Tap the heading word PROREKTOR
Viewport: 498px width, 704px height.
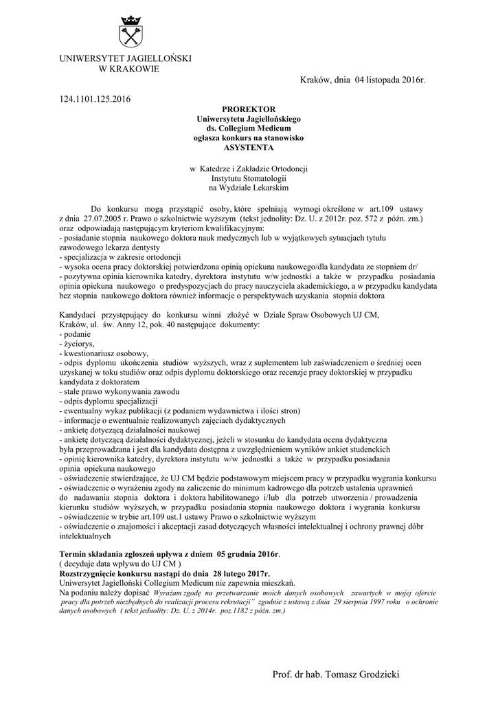click(249, 109)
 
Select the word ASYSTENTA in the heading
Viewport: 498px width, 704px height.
click(249, 147)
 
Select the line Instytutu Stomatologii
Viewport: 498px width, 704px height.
click(249, 177)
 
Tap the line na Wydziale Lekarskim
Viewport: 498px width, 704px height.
click(249, 187)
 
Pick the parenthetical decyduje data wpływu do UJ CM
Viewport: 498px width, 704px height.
click(120, 563)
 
